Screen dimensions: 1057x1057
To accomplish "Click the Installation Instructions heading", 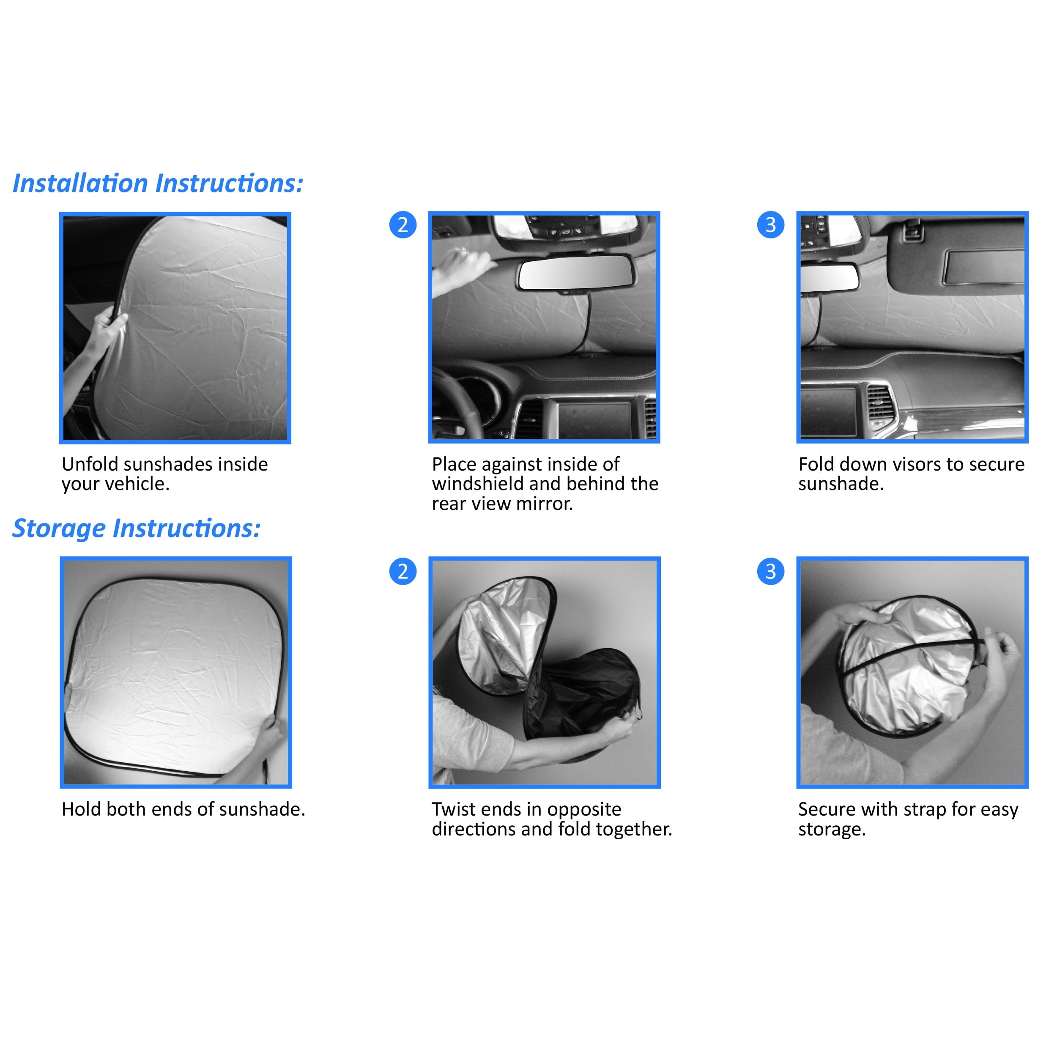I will (x=158, y=183).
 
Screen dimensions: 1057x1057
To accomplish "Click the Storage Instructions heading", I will (x=136, y=528).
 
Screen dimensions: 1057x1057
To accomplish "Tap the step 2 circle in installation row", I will (x=403, y=225).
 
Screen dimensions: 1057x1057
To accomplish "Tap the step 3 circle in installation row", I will (x=770, y=225).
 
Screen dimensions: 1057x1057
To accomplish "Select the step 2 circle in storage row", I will (x=403, y=571).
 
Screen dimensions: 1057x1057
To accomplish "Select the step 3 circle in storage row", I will (x=770, y=571).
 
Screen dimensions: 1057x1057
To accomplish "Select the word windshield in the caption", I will (x=477, y=484).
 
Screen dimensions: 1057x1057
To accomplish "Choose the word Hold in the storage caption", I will (x=81, y=809).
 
